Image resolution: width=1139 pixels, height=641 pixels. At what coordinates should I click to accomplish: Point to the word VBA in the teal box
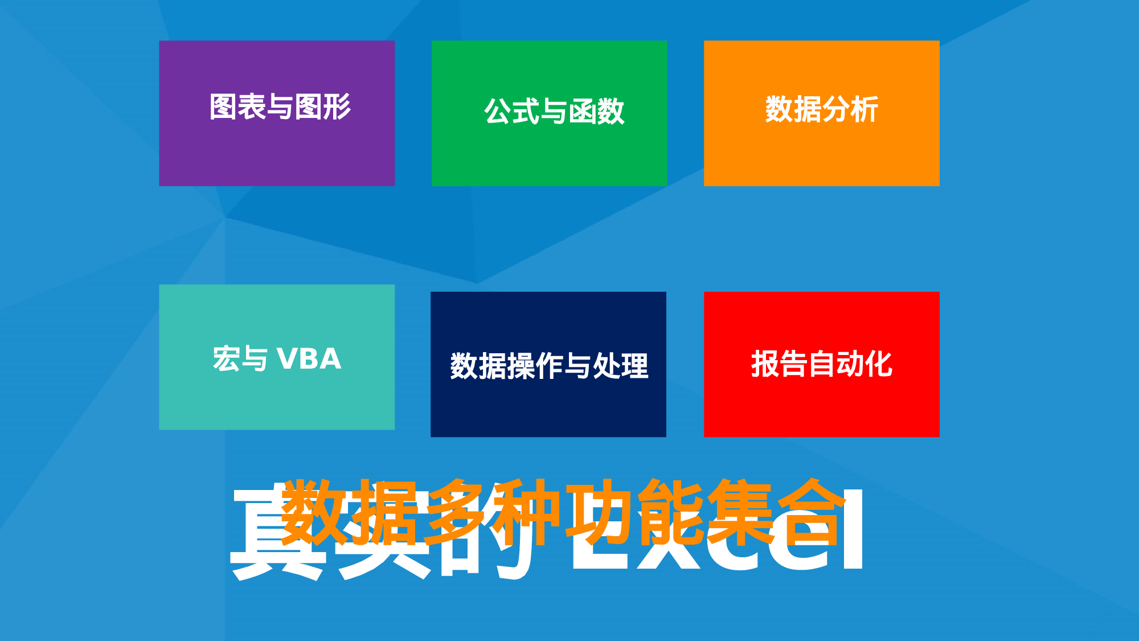click(309, 359)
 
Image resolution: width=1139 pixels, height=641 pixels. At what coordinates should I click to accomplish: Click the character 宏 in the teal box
click(226, 359)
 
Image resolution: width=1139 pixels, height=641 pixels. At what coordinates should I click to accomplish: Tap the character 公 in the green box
click(498, 111)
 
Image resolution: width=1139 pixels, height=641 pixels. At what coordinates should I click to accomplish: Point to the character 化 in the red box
click(879, 364)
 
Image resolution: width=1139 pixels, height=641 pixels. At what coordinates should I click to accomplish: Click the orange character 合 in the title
click(812, 512)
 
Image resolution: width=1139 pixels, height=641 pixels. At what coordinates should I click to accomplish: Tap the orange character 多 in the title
click(457, 512)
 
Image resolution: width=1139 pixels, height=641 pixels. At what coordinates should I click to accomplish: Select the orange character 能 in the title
click(671, 512)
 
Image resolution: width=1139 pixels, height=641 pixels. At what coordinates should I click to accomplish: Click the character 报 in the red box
click(765, 364)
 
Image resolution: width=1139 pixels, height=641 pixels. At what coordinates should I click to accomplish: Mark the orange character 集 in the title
click(741, 512)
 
